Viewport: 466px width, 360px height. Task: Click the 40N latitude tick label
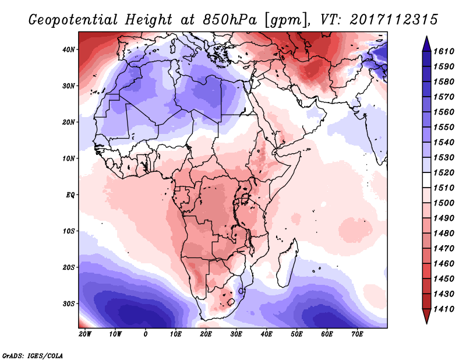pos(69,50)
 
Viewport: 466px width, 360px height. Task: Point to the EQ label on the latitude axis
pos(70,195)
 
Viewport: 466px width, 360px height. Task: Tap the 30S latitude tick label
pos(69,303)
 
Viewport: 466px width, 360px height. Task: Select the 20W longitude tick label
pos(85,334)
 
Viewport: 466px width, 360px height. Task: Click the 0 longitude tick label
pos(146,334)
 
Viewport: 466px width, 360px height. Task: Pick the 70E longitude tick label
pos(358,334)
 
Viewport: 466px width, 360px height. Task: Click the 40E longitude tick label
pos(267,334)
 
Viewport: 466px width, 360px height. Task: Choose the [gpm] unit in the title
pos(285,20)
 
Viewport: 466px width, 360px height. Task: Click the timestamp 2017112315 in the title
pos(394,20)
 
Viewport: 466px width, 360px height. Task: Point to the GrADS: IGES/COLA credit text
pos(33,354)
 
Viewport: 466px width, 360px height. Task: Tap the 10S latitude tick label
pos(69,231)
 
